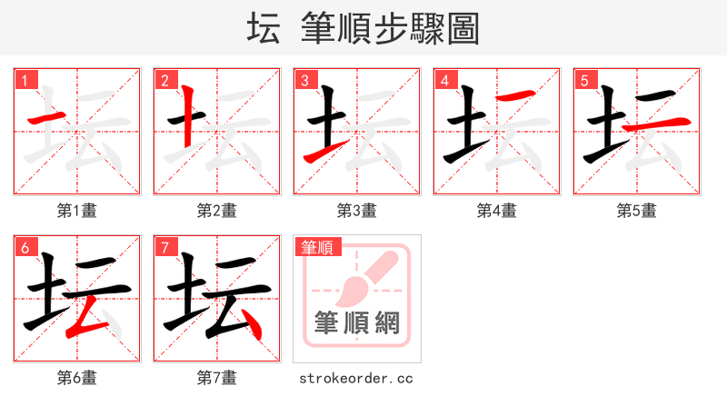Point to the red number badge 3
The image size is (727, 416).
point(305,81)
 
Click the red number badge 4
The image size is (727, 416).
point(445,81)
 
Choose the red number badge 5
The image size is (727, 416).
point(585,81)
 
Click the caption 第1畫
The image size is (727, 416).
point(77,211)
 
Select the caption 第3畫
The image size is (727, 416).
point(357,211)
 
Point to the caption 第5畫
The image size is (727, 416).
point(637,211)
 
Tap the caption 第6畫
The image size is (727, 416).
point(77,377)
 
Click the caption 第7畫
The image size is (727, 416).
point(217,377)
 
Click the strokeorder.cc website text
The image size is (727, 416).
point(356,377)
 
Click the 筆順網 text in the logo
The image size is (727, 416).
point(357,322)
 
